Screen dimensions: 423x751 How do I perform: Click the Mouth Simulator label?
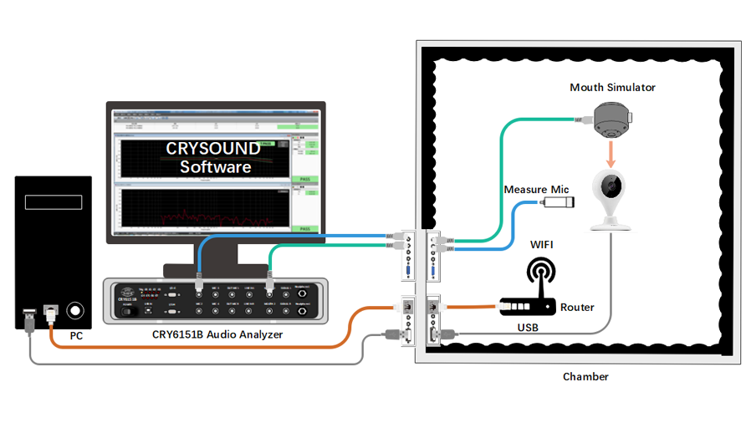point(612,87)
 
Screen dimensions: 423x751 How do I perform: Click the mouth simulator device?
point(612,120)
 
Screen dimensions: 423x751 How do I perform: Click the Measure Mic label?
point(536,190)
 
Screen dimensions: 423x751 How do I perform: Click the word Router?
point(577,308)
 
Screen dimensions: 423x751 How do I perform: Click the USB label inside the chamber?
point(528,327)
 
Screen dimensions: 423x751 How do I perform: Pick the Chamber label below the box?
point(585,377)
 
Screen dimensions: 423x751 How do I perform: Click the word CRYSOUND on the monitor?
point(212,149)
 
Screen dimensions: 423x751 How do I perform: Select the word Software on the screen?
point(215,167)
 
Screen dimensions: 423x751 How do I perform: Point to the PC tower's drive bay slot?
point(52,201)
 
